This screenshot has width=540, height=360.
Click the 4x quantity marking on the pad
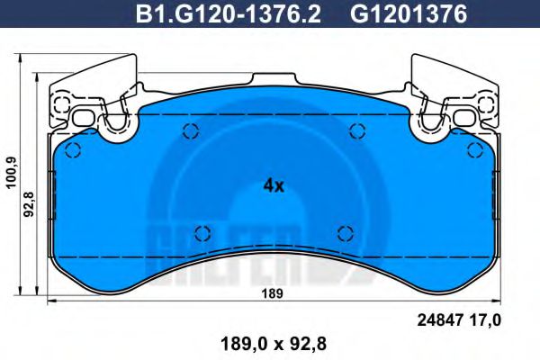pyautogui.click(x=274, y=186)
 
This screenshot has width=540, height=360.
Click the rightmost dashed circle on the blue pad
pyautogui.click(x=473, y=149)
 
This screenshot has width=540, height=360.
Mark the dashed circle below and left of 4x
pyautogui.click(x=202, y=232)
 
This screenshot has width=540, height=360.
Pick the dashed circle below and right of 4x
pyautogui.click(x=344, y=233)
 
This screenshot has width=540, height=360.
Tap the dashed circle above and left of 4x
pyautogui.click(x=191, y=132)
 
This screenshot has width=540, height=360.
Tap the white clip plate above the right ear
pyautogui.click(x=454, y=80)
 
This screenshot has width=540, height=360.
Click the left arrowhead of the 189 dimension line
pyautogui.click(x=50, y=299)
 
